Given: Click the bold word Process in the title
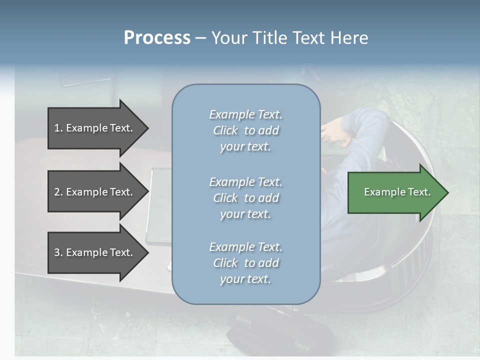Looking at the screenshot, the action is [157, 38].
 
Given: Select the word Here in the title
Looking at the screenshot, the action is [349, 37].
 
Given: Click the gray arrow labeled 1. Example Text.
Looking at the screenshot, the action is [98, 128].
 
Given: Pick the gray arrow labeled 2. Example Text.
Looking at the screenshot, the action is [98, 191].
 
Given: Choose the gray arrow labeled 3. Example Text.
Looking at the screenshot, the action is [98, 252].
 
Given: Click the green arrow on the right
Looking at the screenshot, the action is [398, 192].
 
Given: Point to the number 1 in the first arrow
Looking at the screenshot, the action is [57, 128].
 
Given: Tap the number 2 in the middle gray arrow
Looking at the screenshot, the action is [57, 192].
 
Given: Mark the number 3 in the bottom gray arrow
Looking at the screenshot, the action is [57, 252].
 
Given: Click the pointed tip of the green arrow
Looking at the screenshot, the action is [449, 192].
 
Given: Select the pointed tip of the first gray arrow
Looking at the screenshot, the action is [149, 128].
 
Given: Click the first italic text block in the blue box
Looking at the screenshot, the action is [246, 130].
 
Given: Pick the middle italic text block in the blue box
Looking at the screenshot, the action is [246, 198].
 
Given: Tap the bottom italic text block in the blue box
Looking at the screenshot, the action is [246, 263].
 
